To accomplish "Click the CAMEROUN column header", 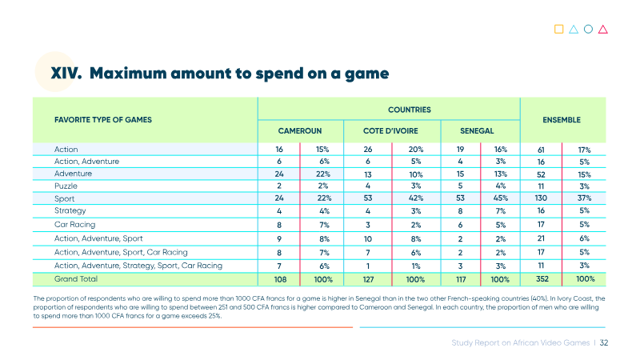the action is (x=299, y=131).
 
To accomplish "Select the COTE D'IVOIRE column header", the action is (x=390, y=131).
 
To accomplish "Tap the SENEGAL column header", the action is (x=477, y=131).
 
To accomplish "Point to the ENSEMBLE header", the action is (x=562, y=120).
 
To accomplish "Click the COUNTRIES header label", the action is (x=410, y=110).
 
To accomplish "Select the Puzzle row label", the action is (x=66, y=186).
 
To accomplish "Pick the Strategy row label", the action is (x=70, y=211).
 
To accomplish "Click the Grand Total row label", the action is (x=76, y=279).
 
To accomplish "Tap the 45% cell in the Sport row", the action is (x=501, y=198).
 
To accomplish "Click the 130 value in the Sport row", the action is (x=541, y=198).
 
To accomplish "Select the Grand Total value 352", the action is (x=542, y=279).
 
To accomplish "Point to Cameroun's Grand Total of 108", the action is (x=280, y=279).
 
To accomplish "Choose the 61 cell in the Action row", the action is (x=541, y=150).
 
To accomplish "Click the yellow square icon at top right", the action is (x=558, y=29).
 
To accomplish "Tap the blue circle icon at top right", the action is (x=588, y=29).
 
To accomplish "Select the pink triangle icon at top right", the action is (x=603, y=30).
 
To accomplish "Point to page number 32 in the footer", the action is (x=604, y=343).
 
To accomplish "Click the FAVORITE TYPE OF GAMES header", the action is (x=103, y=120).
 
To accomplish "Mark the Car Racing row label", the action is (x=74, y=225).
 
